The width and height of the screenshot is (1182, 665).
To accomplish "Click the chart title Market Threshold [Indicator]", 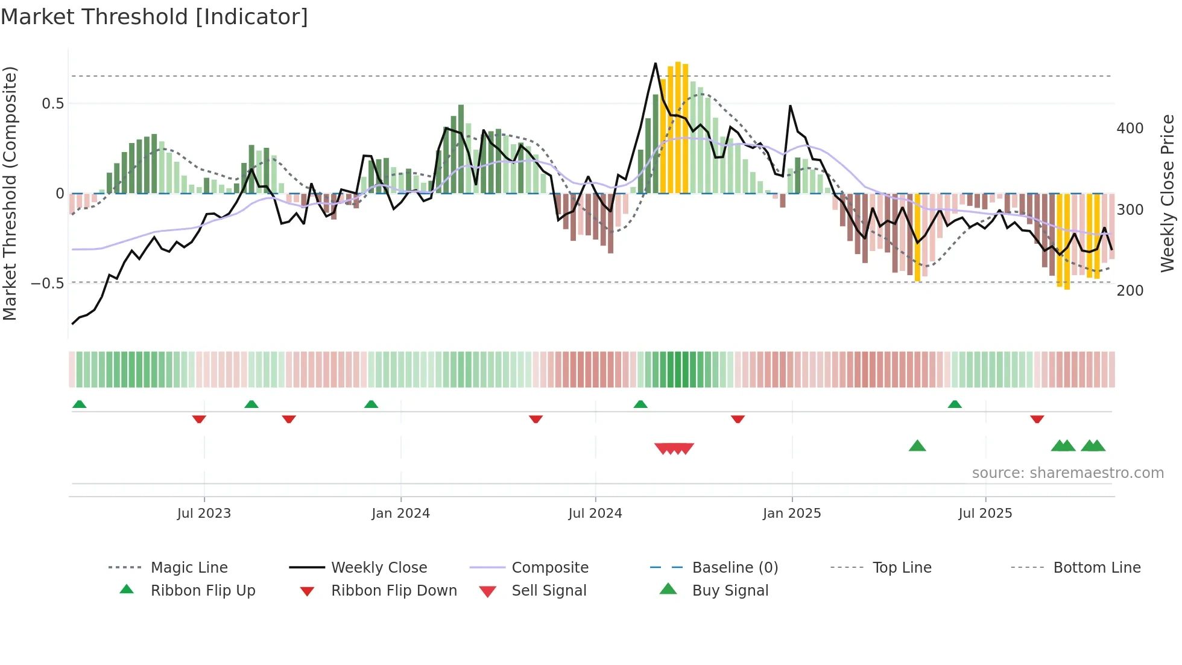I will [154, 17].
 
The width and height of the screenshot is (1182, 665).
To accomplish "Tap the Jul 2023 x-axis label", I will [204, 514].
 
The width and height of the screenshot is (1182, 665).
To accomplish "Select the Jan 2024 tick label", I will [400, 514].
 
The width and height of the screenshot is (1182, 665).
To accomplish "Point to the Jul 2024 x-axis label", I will [595, 514].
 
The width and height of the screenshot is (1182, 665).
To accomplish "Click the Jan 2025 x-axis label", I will [791, 514].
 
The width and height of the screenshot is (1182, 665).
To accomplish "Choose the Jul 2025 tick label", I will [985, 514].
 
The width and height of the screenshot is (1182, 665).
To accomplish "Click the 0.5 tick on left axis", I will [53, 104].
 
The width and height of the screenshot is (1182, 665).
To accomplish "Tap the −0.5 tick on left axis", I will [48, 283].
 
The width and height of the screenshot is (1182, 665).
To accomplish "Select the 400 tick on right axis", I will [1130, 129].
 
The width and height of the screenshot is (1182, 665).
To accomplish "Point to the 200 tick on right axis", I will [1130, 291].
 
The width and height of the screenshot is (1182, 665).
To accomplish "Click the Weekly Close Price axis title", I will [1168, 193].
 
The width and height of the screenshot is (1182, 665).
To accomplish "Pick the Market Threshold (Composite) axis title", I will [10, 193].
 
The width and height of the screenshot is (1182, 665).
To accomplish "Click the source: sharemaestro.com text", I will [1067, 473].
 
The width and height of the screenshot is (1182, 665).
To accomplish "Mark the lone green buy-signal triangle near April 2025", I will [917, 446].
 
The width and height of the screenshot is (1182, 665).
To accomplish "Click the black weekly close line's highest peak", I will [656, 63].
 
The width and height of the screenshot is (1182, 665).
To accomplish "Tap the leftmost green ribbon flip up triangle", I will [79, 404].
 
